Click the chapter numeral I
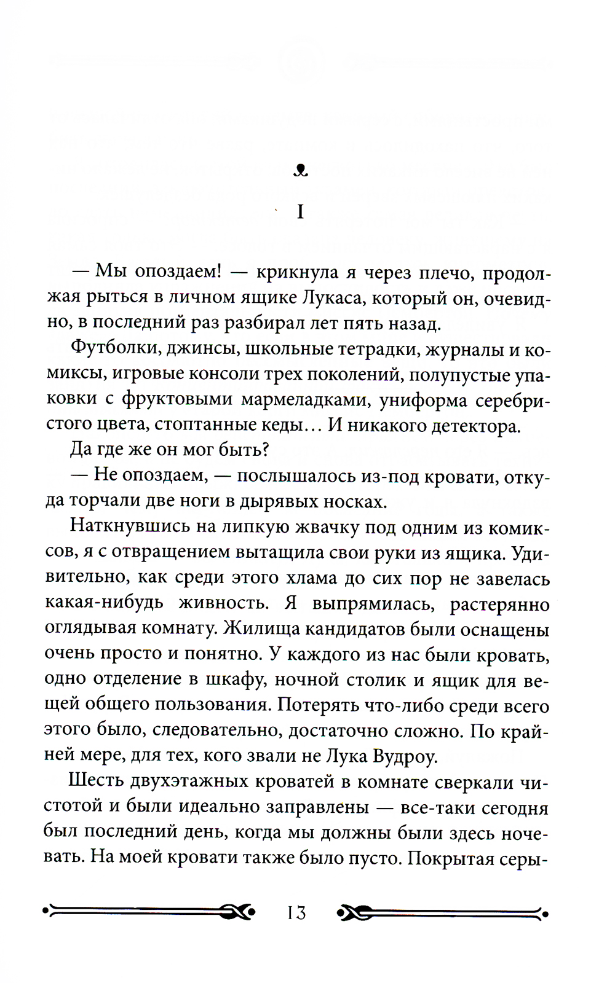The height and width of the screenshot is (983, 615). tap(300, 213)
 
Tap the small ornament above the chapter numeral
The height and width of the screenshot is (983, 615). tap(300, 171)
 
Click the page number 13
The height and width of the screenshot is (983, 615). tap(296, 913)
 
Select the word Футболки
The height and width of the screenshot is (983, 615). tap(108, 348)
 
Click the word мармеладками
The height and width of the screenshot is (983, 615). tap(305, 400)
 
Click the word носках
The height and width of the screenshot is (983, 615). tap(355, 501)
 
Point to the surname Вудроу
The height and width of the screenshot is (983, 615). tap(405, 756)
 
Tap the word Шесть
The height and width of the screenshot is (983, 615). tap(95, 781)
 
